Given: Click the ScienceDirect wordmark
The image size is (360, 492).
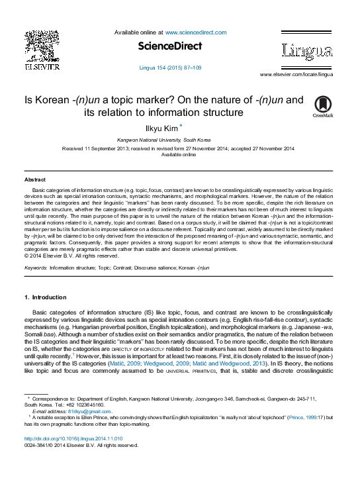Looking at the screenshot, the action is (x=170, y=46).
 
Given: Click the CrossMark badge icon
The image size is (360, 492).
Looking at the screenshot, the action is (x=322, y=106).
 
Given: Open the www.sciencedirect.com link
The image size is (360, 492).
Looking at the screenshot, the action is (x=196, y=32).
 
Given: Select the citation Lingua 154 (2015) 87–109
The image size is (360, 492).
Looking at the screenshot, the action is (x=170, y=68).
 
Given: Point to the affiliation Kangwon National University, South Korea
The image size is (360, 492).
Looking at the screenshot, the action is (x=164, y=140).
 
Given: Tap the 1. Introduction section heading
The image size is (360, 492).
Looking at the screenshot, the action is (x=45, y=297).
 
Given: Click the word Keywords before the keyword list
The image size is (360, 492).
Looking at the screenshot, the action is (x=35, y=268).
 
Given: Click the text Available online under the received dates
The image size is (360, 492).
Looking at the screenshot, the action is (x=179, y=154).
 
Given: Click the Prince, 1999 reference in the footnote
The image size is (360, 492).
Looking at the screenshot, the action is (x=301, y=418).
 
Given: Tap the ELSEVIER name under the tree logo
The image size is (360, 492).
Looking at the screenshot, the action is (x=42, y=66).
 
